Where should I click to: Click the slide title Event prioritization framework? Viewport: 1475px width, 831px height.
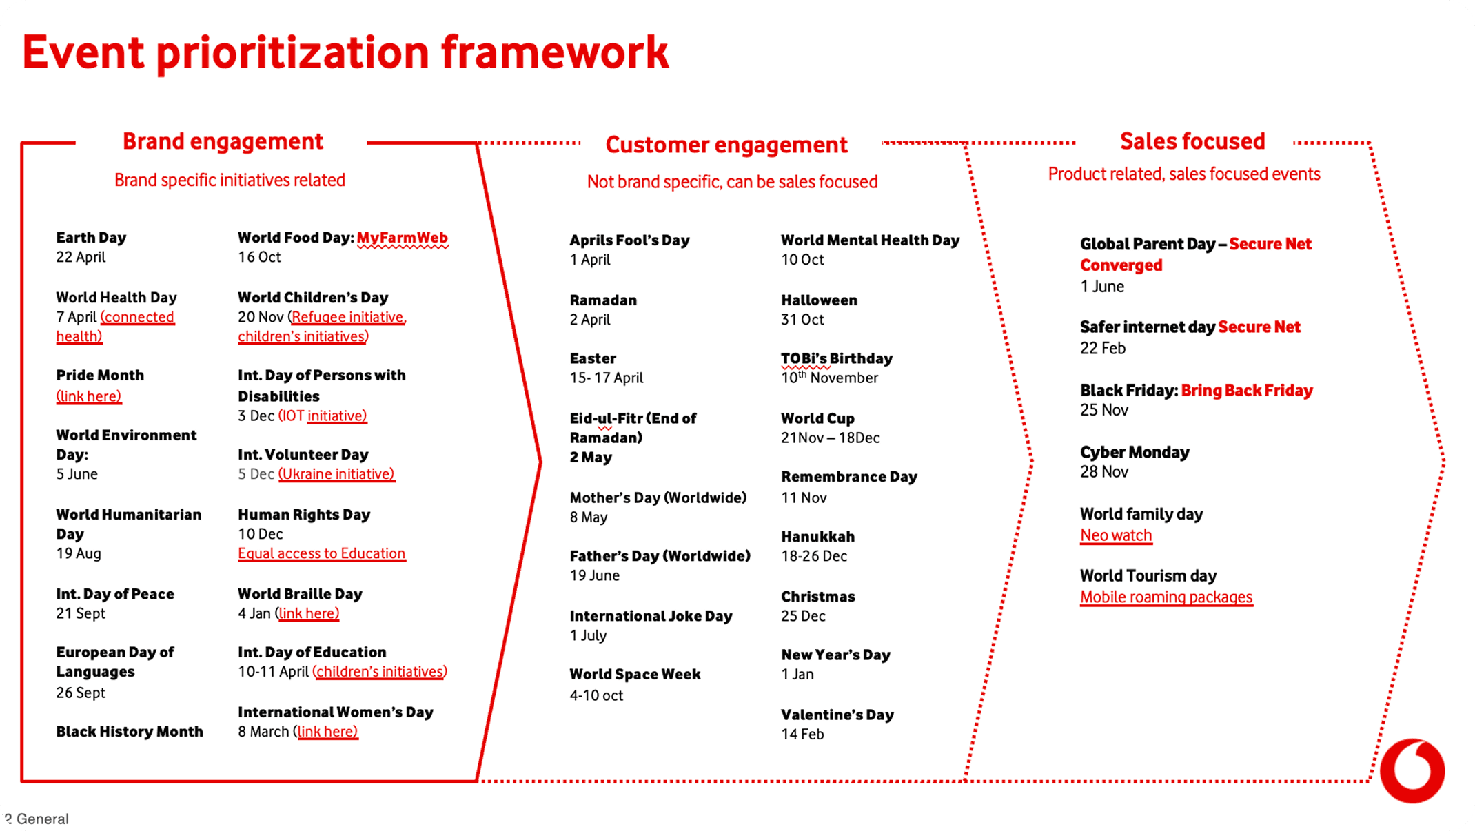tap(345, 52)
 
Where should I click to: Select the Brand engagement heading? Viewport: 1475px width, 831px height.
tap(223, 141)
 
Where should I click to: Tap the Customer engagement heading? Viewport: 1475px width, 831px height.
tap(726, 145)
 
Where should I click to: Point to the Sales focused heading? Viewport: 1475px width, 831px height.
tap(1192, 141)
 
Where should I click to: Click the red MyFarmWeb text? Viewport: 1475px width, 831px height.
tap(403, 238)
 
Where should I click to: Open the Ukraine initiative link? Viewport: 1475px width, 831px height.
tap(337, 474)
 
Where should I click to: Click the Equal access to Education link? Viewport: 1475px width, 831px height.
tap(321, 553)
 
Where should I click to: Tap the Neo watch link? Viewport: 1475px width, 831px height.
tap(1116, 535)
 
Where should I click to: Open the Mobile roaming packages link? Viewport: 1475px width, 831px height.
tap(1166, 597)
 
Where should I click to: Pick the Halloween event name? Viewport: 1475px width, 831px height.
tap(819, 300)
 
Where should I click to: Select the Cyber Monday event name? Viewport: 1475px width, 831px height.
tap(1135, 453)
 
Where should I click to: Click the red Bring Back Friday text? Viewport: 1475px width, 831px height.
tap(1247, 391)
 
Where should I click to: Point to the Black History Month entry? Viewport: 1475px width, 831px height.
tap(130, 732)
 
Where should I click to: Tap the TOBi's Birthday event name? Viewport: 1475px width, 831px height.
tap(837, 358)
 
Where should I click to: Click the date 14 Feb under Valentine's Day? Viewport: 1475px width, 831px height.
tap(802, 735)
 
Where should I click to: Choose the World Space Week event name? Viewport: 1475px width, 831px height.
tap(635, 675)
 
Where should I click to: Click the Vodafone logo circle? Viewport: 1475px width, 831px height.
tap(1412, 771)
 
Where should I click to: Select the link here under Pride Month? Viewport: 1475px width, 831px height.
tap(89, 396)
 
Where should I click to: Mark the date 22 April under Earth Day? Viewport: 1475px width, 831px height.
tap(81, 257)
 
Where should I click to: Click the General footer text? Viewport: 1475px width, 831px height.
tap(42, 819)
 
